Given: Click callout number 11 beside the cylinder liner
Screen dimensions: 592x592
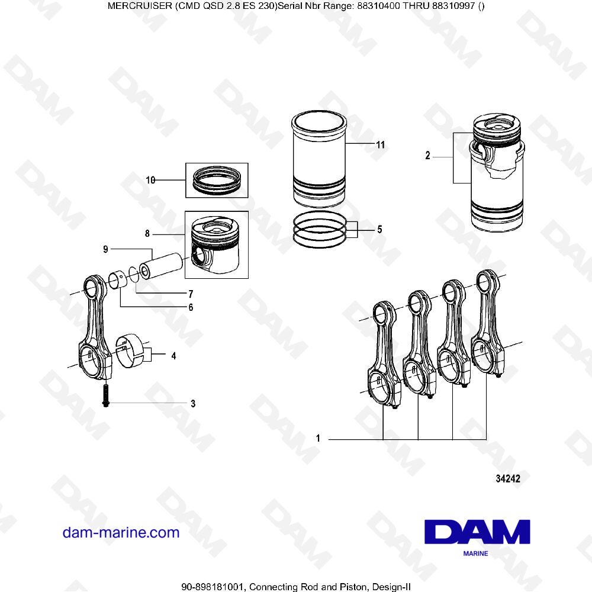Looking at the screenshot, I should click(x=381, y=144).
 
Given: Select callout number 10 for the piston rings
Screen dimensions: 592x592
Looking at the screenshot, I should click(x=150, y=181).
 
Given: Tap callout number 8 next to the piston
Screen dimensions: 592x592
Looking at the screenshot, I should click(x=147, y=234).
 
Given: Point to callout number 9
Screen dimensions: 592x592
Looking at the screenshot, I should click(x=105, y=249).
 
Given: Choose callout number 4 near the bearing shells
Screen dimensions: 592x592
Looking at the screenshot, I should click(x=173, y=356).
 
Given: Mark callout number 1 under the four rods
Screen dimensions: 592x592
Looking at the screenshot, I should click(x=318, y=439).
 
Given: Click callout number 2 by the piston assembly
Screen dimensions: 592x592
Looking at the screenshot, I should click(x=427, y=157).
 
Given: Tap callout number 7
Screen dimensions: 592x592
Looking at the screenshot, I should click(x=191, y=294).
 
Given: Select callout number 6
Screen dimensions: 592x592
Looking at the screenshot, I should click(x=191, y=307).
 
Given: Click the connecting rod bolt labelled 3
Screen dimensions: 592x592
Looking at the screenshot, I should click(x=105, y=394).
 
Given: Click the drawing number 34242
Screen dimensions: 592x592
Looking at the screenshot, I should click(x=507, y=480).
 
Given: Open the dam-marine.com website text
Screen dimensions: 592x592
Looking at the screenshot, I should click(x=121, y=532).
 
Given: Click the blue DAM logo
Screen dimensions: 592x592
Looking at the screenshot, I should click(x=477, y=533).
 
